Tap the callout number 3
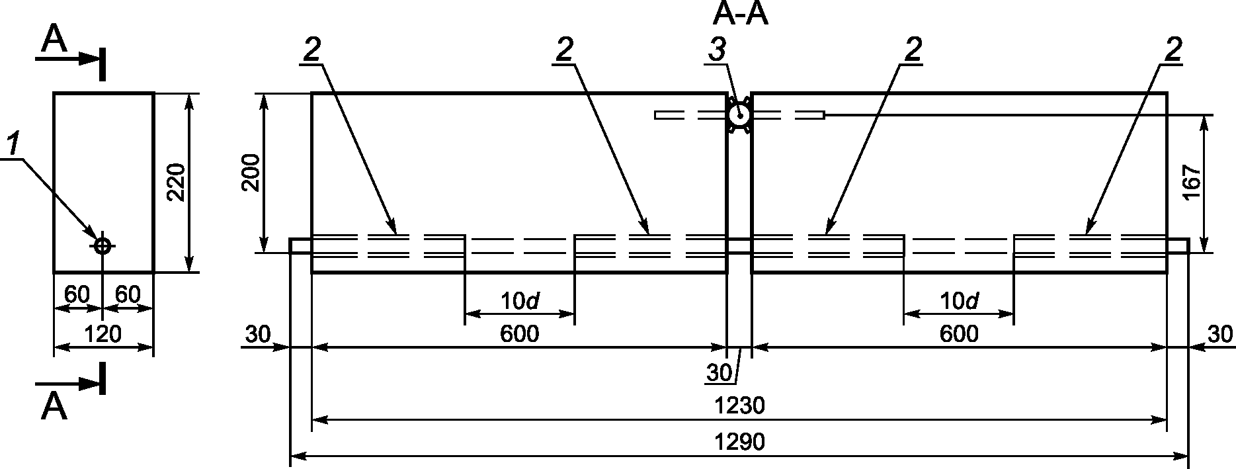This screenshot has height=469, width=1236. [x=717, y=50]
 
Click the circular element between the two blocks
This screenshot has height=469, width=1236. [x=739, y=116]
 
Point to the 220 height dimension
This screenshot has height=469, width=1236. [x=176, y=182]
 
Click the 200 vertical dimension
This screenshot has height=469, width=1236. [x=251, y=174]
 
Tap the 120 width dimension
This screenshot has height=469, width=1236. [x=103, y=335]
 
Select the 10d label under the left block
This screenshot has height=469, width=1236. [x=519, y=302]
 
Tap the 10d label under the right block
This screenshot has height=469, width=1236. [x=958, y=302]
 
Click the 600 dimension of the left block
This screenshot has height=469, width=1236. [x=519, y=334]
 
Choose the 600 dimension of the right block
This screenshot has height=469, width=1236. [x=958, y=334]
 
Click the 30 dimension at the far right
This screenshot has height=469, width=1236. [x=1220, y=334]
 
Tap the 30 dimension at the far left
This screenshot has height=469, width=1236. [x=258, y=334]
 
